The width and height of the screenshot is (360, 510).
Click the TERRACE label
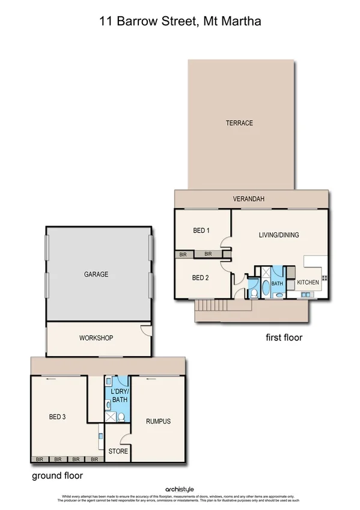coord(239,123)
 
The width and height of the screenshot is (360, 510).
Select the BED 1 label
coord(201,231)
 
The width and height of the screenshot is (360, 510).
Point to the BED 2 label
coord(200,278)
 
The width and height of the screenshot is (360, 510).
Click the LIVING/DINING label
coord(279,235)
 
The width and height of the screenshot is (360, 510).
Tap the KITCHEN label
coord(308,282)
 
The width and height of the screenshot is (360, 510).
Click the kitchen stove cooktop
coord(325,277)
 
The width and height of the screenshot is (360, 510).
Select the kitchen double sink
coord(307,294)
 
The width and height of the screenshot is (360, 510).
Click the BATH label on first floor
coord(277,283)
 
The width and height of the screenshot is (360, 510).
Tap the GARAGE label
coord(96,274)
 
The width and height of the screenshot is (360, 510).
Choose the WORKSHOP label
coord(96,338)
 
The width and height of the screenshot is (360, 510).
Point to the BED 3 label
coord(57,417)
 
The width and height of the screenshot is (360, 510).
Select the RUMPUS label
coord(158,422)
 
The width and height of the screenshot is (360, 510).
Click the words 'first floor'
coord(284,338)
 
